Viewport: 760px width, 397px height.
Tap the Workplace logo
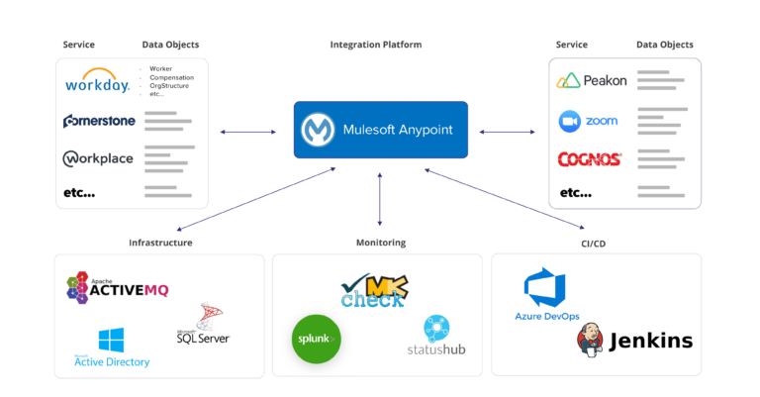tap(98, 158)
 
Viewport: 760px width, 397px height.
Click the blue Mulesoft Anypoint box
tap(380, 130)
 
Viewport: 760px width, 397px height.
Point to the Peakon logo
tap(592, 80)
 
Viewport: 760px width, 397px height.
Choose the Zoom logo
tap(589, 121)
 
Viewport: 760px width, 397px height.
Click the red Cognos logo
tap(590, 158)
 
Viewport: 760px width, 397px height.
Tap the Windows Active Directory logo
tap(112, 348)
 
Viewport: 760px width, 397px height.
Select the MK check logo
tap(373, 290)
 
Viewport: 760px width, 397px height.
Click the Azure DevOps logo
tap(547, 296)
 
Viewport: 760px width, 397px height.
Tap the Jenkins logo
tap(634, 342)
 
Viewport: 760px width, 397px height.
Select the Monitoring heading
tap(380, 243)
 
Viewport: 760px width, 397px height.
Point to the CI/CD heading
tap(596, 243)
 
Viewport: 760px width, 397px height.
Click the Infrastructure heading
tap(160, 243)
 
